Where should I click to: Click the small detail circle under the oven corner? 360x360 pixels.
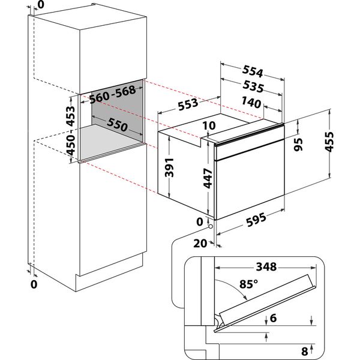(210, 226)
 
